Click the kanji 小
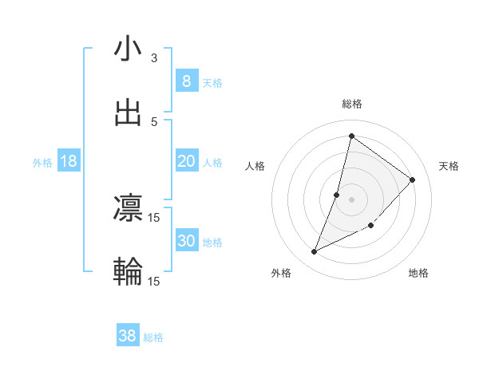click(128, 49)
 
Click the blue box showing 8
click(186, 81)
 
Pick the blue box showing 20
click(186, 161)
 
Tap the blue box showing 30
click(186, 241)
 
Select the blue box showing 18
click(69, 161)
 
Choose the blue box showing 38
click(128, 337)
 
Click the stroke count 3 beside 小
click(154, 58)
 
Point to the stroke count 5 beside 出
click(154, 122)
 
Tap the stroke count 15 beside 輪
click(154, 282)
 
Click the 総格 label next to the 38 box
click(153, 338)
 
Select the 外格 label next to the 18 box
click(42, 163)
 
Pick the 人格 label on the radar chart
click(255, 166)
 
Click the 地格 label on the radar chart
click(418, 273)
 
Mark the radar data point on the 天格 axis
click(412, 180)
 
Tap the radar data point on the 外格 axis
click(314, 252)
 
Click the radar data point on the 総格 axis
click(351, 136)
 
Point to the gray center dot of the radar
click(351, 199)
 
